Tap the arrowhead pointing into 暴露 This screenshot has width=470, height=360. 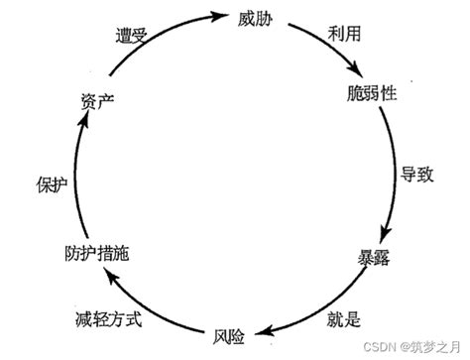389,230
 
